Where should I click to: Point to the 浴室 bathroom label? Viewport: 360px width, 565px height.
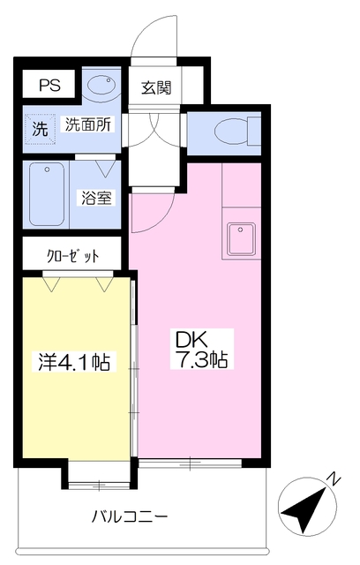click(97, 197)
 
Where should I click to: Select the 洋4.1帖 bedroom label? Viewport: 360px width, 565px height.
click(74, 361)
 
